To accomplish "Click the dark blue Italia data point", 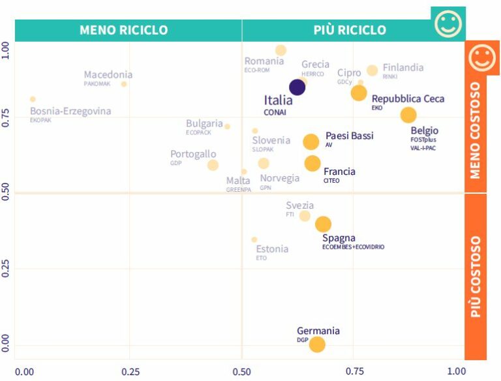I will [x=297, y=87].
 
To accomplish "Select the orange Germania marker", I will [x=317, y=344].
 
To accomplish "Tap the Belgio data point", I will [x=408, y=115].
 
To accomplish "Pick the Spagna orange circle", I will [x=323, y=224].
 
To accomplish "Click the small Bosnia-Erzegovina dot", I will [x=33, y=99].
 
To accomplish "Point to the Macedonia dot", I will [x=124, y=84].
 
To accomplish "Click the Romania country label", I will [x=264, y=61].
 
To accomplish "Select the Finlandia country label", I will [x=402, y=68].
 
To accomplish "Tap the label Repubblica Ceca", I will [x=408, y=99].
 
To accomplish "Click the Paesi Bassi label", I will [x=349, y=136].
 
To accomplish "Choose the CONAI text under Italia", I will [x=274, y=112].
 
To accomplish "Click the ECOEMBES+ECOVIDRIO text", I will [x=353, y=247].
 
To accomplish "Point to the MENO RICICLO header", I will [x=123, y=30].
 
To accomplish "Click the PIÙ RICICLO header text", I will [x=349, y=30].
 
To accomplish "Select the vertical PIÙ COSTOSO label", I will [x=476, y=277].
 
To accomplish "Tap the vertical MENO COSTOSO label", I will [x=476, y=130].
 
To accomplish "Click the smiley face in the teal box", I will [x=448, y=23].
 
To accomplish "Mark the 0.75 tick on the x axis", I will [x=356, y=371].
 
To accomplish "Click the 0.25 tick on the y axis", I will [x=7, y=269].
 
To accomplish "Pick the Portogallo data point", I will [x=213, y=165].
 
